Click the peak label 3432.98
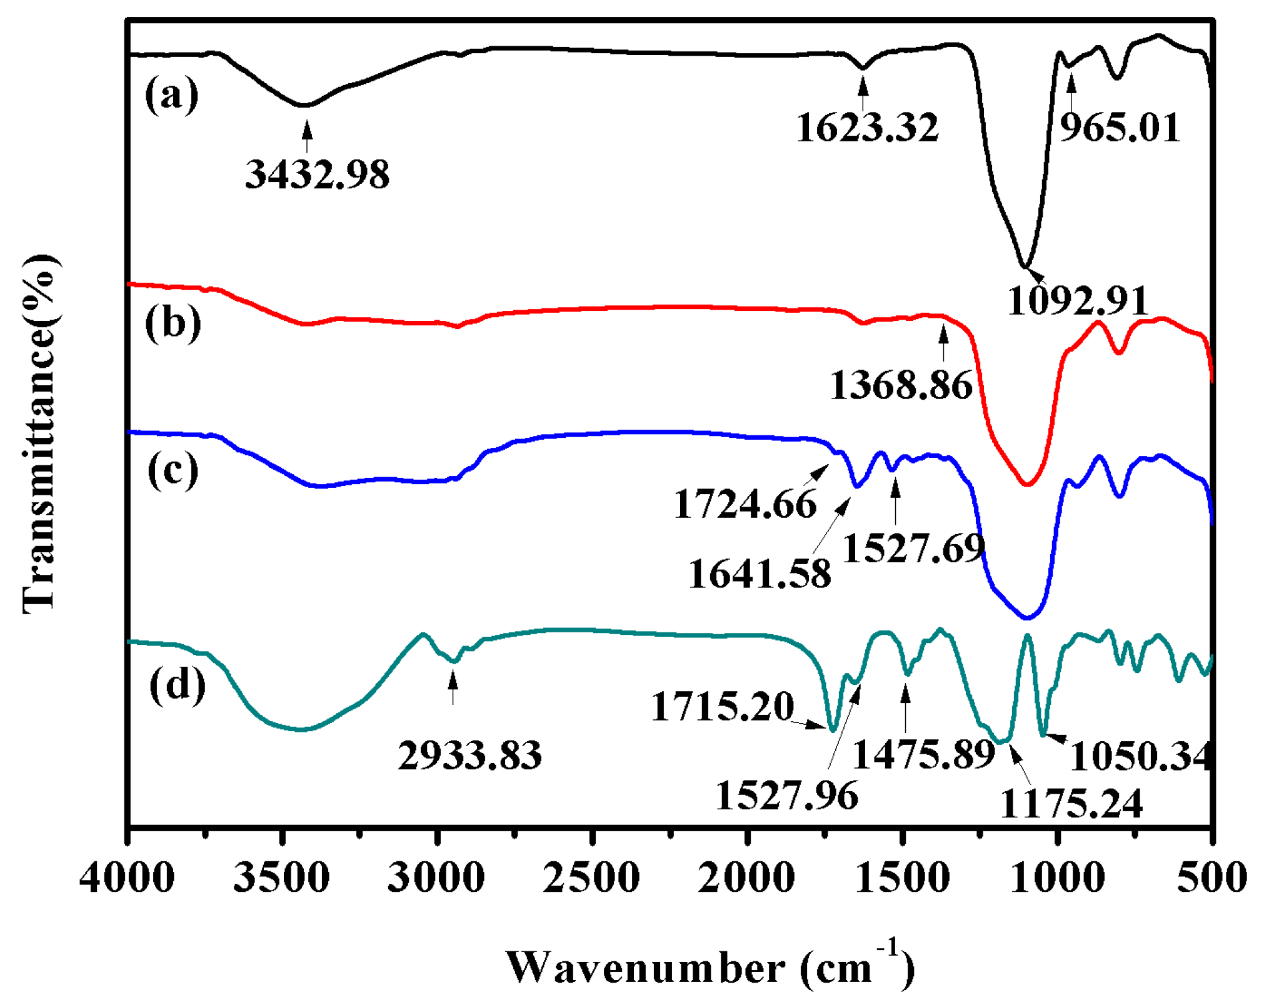[x=317, y=174]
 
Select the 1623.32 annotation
[x=867, y=128]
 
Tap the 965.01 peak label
[x=1120, y=128]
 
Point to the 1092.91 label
[x=1078, y=300]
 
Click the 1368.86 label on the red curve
[x=901, y=385]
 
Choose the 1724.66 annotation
[x=745, y=504]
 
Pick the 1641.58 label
[x=760, y=574]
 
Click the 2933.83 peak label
[x=469, y=755]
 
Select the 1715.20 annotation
[x=722, y=707]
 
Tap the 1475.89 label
[x=923, y=754]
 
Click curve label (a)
[x=171, y=96]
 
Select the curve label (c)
[x=173, y=470]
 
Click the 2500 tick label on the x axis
[x=591, y=878]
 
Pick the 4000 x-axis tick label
[x=127, y=878]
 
